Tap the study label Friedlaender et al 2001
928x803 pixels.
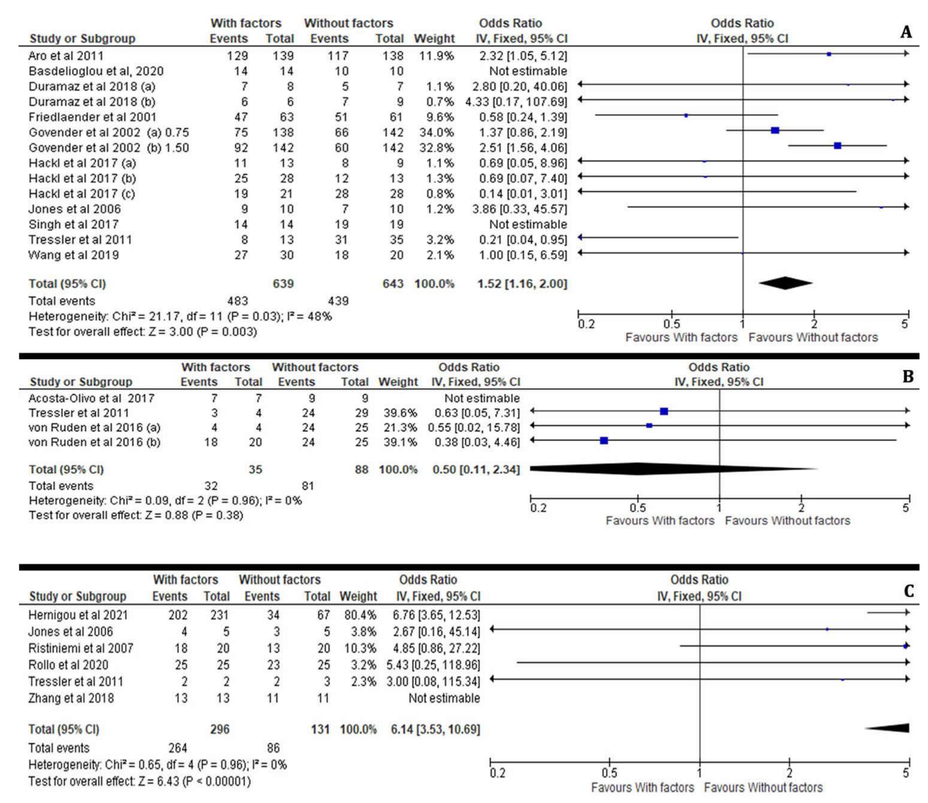[92, 117]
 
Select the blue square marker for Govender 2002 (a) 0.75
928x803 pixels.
[775, 131]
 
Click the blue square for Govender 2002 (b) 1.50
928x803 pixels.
[838, 146]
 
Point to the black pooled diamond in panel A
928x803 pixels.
[786, 283]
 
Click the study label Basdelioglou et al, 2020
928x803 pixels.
[96, 71]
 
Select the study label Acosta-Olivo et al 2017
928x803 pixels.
[91, 398]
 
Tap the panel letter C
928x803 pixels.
[908, 591]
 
